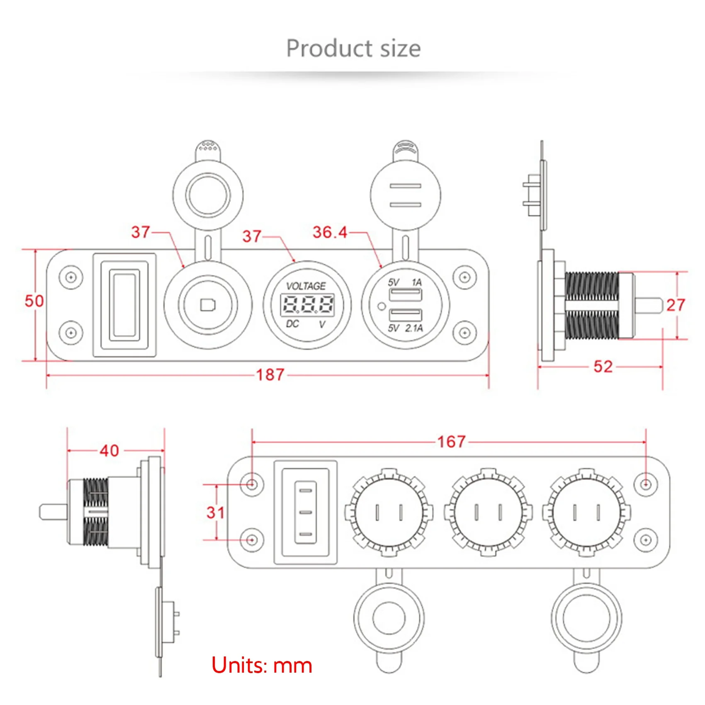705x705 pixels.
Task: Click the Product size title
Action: point(353,49)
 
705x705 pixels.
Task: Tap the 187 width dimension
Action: point(270,375)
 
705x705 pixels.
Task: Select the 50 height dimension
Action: point(34,301)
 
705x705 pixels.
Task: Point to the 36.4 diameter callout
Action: point(330,232)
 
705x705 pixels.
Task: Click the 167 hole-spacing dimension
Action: point(451,442)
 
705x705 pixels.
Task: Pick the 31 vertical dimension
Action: point(216,513)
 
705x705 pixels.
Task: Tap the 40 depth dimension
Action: point(109,450)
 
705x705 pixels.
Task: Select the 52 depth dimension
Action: point(603,367)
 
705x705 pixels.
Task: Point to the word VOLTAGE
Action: point(306,286)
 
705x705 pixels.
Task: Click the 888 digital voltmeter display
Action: point(307,305)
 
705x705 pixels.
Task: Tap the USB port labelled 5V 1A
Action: point(405,295)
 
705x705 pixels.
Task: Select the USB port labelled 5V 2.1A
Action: point(405,316)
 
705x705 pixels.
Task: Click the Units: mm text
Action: point(262,665)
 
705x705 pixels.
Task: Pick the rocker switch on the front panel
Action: point(124,305)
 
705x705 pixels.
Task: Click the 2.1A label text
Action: point(414,328)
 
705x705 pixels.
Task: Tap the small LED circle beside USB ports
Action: point(381,307)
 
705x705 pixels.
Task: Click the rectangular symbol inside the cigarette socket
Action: point(208,305)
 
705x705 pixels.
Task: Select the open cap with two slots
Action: point(405,195)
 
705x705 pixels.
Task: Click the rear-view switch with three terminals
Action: point(305,513)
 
